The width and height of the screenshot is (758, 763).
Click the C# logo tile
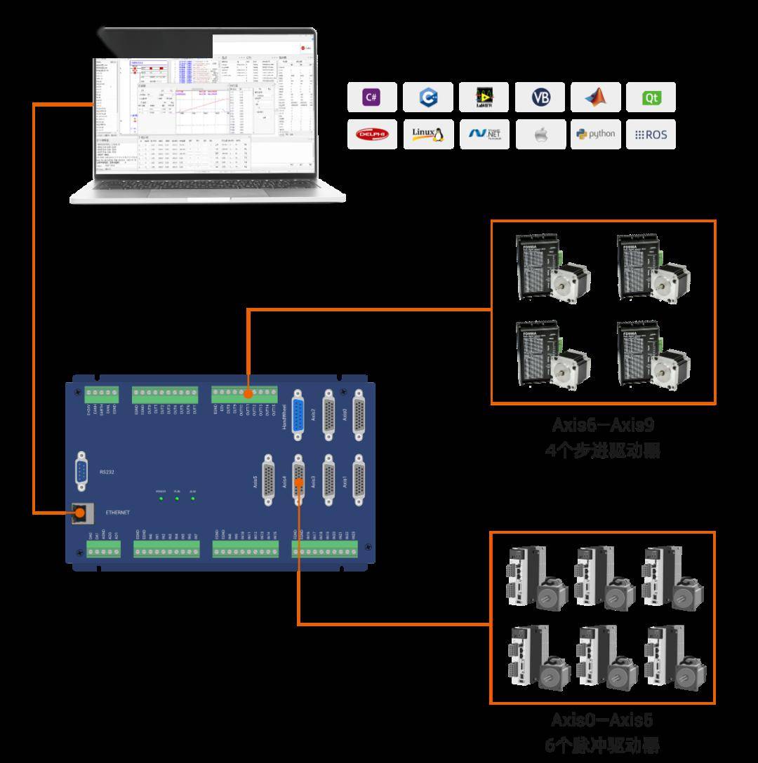coord(371,97)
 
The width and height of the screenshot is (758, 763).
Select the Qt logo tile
coord(651,97)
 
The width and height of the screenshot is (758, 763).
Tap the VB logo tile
coord(540,97)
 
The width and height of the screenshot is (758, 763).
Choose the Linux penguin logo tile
coord(427,134)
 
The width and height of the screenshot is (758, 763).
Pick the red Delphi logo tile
coord(371,134)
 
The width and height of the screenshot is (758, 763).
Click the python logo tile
coord(595,134)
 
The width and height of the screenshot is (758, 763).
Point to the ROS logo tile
coord(651,134)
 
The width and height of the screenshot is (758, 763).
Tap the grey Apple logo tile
coord(540,134)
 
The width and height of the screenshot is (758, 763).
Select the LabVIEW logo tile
coord(484,97)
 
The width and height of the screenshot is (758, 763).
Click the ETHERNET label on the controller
coord(117,513)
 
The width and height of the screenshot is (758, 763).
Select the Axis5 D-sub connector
coord(268,480)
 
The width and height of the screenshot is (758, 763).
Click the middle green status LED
coord(177,499)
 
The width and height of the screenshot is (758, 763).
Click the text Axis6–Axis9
coord(603,425)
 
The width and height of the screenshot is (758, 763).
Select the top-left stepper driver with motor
coord(552,269)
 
